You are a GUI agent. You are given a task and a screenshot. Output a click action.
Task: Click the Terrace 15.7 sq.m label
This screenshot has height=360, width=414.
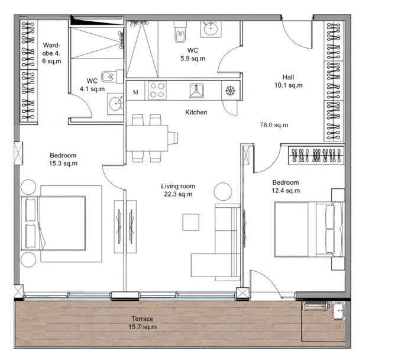click(143, 323)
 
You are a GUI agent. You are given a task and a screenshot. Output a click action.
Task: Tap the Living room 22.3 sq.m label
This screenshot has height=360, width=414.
click(178, 190)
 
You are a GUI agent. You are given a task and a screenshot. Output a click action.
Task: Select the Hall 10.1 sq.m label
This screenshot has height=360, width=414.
click(289, 81)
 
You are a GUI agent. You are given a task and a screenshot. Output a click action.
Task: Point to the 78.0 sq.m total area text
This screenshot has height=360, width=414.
click(274, 125)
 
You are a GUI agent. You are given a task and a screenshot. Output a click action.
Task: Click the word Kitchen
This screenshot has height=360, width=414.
click(196, 112)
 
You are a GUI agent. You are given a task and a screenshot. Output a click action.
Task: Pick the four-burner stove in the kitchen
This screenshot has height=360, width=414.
click(157, 91)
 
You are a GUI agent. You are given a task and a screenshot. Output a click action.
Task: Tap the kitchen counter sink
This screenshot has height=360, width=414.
click(196, 91)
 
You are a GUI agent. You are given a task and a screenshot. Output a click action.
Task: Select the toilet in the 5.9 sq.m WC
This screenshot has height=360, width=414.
click(180, 32)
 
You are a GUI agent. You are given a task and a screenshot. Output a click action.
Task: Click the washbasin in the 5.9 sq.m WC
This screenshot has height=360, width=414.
click(211, 29)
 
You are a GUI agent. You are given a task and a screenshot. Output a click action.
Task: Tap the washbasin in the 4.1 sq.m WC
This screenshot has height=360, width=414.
click(115, 104)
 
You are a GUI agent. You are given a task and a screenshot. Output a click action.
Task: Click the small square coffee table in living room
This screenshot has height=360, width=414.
click(190, 222)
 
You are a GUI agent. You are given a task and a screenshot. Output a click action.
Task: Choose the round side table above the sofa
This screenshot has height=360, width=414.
click(223, 192)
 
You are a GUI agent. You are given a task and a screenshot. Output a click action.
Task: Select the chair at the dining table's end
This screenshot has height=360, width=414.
click(173, 138)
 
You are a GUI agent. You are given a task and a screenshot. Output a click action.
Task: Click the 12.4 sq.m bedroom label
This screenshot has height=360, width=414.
click(286, 187)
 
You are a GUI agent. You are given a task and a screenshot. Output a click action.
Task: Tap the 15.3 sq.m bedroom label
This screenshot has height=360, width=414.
click(63, 159)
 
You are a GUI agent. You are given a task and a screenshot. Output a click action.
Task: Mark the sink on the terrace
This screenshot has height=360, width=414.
click(338, 311)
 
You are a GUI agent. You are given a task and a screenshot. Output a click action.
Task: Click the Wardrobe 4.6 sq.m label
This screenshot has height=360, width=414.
click(51, 53)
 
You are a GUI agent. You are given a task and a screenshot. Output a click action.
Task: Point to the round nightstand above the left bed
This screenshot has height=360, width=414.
click(28, 187)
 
